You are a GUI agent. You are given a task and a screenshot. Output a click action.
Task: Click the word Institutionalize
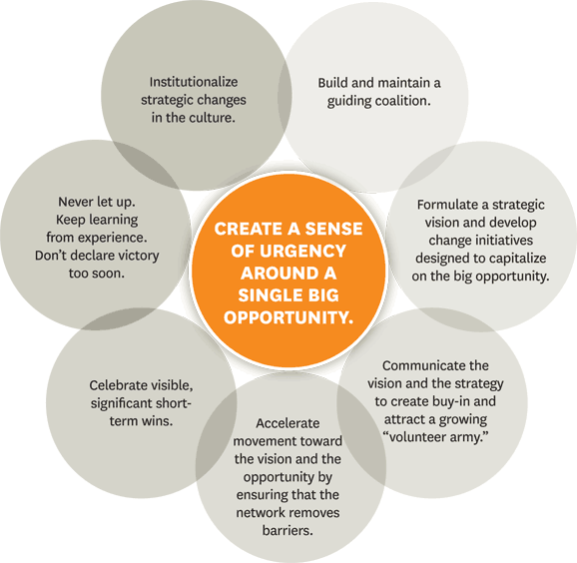[x=194, y=82]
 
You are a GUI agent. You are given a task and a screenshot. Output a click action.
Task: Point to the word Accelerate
[x=288, y=423]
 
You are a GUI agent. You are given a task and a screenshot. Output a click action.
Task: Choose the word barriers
[x=288, y=531]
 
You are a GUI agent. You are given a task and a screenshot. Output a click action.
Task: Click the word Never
[x=76, y=202]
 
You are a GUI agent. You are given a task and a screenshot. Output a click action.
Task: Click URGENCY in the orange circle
[x=302, y=252]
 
